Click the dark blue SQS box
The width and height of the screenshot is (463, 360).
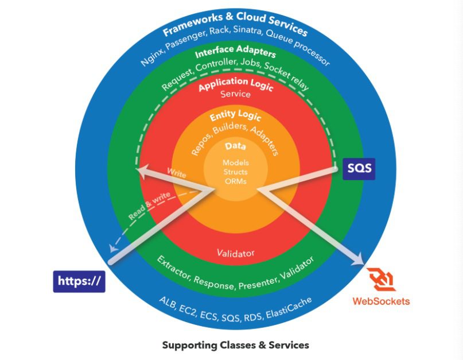(359, 169)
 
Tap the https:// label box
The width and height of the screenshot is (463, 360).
(79, 281)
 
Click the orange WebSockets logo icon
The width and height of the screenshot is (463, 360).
(381, 280)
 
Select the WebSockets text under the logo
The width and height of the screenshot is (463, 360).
(381, 301)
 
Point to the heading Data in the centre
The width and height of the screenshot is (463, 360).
(235, 146)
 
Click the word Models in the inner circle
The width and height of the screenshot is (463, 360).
(236, 162)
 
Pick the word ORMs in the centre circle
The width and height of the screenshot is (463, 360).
(236, 181)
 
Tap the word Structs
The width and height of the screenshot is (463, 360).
(236, 172)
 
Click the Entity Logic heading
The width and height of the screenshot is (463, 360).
(235, 115)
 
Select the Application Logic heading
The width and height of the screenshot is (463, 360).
(236, 84)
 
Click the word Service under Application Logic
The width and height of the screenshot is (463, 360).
(236, 94)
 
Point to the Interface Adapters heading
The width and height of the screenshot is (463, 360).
(235, 52)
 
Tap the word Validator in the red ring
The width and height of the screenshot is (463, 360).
(236, 253)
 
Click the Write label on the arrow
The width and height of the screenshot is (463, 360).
(177, 173)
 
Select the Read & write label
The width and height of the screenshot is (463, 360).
(149, 206)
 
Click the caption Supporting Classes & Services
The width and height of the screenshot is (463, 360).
(236, 345)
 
